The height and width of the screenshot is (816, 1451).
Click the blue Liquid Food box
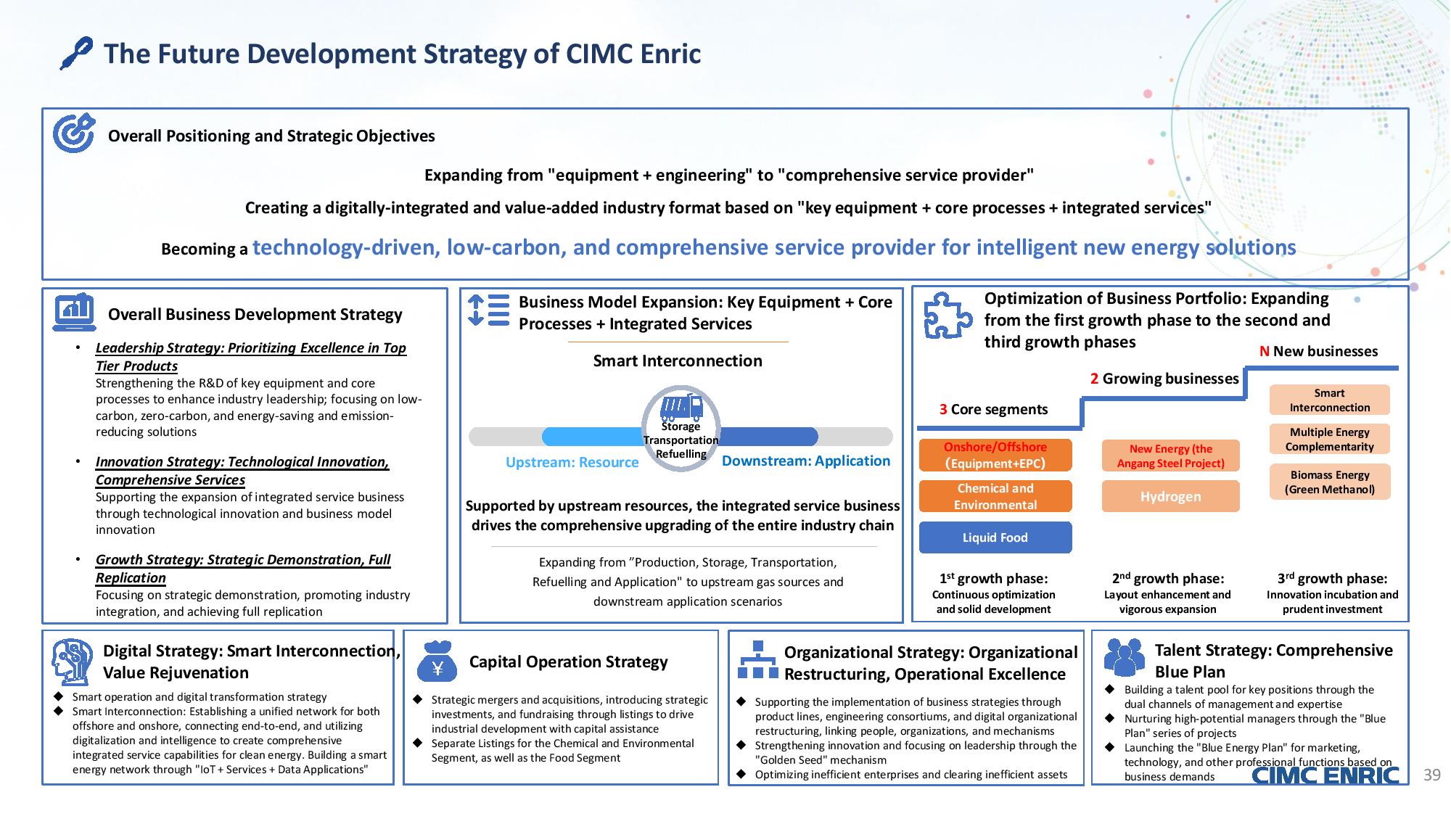pyautogui.click(x=995, y=537)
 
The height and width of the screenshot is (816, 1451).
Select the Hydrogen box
pyautogui.click(x=1170, y=497)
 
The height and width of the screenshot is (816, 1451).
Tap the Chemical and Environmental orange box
pyautogui.click(x=995, y=496)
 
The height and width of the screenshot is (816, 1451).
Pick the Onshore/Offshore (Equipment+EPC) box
pyautogui.click(x=995, y=455)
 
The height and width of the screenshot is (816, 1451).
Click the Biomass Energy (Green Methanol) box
pyautogui.click(x=1329, y=482)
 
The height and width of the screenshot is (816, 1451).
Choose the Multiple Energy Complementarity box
pyautogui.click(x=1329, y=440)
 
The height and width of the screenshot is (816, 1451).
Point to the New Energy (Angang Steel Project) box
pyautogui.click(x=1170, y=456)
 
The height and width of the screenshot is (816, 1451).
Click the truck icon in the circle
pyautogui.click(x=681, y=408)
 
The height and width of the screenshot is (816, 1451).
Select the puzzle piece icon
pyautogui.click(x=948, y=316)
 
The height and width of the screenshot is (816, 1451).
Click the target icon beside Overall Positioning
pyautogui.click(x=74, y=133)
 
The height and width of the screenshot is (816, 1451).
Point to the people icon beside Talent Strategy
pyautogui.click(x=1124, y=657)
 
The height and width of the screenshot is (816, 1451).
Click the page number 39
pyautogui.click(x=1431, y=775)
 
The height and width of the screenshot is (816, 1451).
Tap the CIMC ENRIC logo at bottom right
pyautogui.click(x=1325, y=775)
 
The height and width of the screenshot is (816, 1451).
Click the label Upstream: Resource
pyautogui.click(x=572, y=463)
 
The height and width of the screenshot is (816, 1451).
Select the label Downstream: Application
pyautogui.click(x=806, y=461)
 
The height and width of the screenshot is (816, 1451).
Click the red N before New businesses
pyautogui.click(x=1264, y=351)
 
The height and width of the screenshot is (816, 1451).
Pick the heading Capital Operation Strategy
pyautogui.click(x=568, y=662)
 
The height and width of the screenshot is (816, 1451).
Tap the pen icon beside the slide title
pyautogui.click(x=76, y=53)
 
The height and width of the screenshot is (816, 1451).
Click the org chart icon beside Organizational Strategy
pyautogui.click(x=757, y=659)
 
